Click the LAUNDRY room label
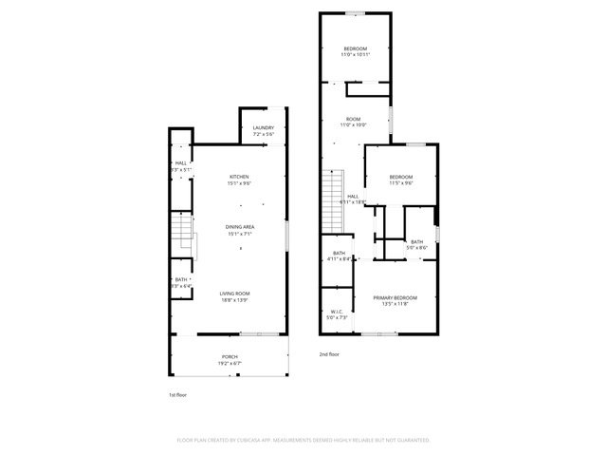(263, 128)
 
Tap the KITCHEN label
(239, 177)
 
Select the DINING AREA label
(239, 226)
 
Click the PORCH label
(230, 357)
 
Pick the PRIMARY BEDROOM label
(395, 297)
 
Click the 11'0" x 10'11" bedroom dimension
(356, 55)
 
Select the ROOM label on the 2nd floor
(353, 119)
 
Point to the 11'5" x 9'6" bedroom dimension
(400, 183)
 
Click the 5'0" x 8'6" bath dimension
(417, 248)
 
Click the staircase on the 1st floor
(183, 235)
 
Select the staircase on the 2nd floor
(332, 188)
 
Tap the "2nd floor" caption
(329, 353)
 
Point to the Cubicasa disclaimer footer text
(303, 440)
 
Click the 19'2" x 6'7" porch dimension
(230, 364)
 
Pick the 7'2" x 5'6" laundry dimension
(263, 135)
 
